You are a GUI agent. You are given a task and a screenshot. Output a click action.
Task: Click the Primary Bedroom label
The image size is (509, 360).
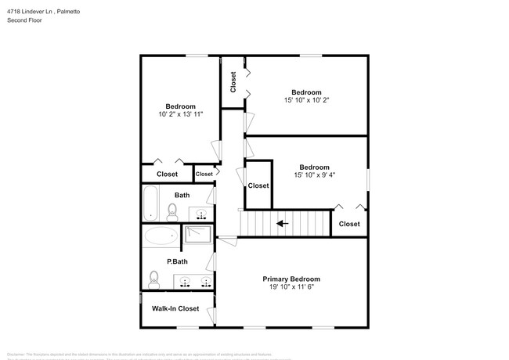coord(291,279)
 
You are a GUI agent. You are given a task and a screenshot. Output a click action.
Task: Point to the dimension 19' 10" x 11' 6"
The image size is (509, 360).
coord(291,287)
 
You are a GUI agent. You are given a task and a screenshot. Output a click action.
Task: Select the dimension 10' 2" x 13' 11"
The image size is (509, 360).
coord(180,114)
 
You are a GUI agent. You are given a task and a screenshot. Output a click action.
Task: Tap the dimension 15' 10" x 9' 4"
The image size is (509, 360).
coord(314,175)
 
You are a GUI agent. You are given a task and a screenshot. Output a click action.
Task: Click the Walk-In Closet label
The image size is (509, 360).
coord(175,308)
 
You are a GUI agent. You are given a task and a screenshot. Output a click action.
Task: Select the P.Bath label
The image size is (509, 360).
coord(175,261)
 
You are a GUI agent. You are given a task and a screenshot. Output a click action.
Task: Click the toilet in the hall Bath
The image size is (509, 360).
coord(173,211)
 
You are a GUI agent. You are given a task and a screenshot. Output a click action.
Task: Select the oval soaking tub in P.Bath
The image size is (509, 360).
coord(161,236)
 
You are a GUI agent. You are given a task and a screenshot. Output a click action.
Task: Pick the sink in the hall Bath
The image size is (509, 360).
coord(201,214)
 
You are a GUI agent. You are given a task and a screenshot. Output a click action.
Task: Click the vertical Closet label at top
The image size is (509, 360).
coord(233,81)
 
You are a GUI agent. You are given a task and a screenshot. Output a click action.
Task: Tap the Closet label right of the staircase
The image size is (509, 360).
coord(349,224)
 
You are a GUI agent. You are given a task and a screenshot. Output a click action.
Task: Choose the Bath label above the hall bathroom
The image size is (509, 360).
coord(182,195)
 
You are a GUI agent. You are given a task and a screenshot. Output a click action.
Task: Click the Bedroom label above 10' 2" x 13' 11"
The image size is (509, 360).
coord(180,106)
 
